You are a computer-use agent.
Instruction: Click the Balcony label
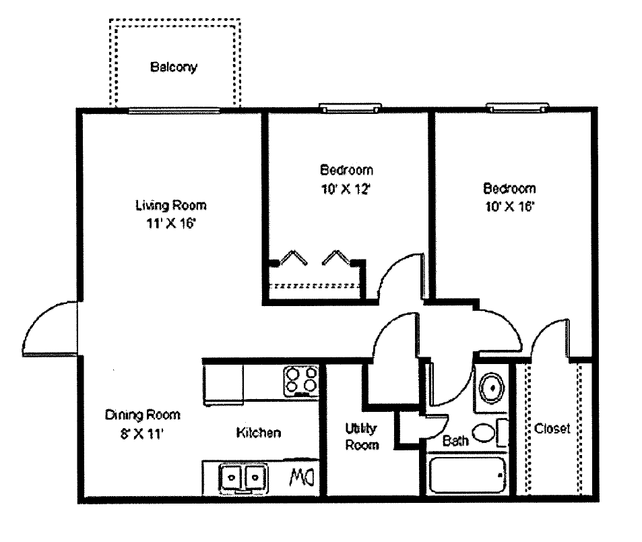173,67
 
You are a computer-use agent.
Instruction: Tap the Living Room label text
170,205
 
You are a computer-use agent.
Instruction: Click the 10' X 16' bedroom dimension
509,207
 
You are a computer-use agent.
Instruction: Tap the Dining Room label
143,415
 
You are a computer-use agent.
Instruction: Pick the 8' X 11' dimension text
141,434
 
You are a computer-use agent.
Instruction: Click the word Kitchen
258,433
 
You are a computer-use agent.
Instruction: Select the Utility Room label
362,436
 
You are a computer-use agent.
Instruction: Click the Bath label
456,442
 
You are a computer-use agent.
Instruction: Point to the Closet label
552,428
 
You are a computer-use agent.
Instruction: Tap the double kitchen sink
243,477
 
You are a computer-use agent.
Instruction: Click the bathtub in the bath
466,476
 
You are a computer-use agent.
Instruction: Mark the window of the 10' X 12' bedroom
350,107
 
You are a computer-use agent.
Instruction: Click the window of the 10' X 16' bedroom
517,107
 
